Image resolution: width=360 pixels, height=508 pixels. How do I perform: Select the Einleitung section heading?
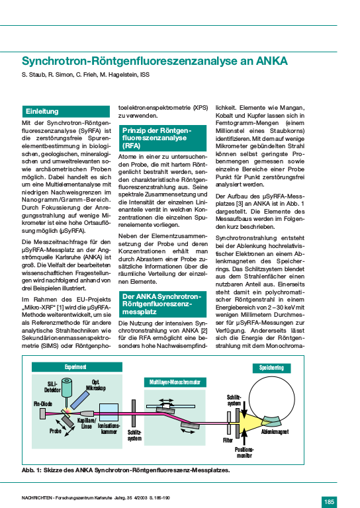(42, 111)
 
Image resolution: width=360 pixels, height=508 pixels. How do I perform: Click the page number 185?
(330, 501)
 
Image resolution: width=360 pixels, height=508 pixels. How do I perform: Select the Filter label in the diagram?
(228, 440)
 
